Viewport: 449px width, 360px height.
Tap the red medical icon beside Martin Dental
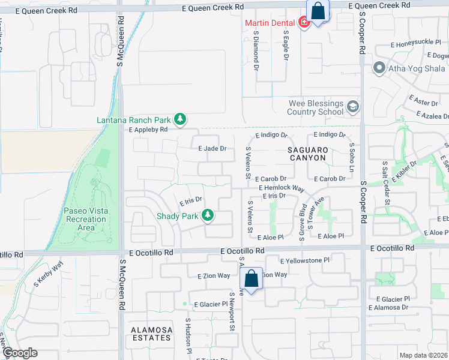(x=304, y=23)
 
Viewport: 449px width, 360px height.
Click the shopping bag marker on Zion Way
(x=252, y=278)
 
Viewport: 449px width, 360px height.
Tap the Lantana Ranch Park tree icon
(x=179, y=119)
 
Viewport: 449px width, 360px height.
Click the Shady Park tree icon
(x=208, y=215)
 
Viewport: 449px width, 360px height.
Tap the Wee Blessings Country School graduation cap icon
(x=352, y=107)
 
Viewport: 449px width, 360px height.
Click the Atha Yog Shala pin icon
(x=379, y=68)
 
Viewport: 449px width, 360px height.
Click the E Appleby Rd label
(x=147, y=128)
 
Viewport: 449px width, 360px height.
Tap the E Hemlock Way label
(x=282, y=188)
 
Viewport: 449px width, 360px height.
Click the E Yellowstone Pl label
(x=305, y=261)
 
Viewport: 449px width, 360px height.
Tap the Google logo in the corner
(x=20, y=353)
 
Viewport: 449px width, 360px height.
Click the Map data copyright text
(x=423, y=355)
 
